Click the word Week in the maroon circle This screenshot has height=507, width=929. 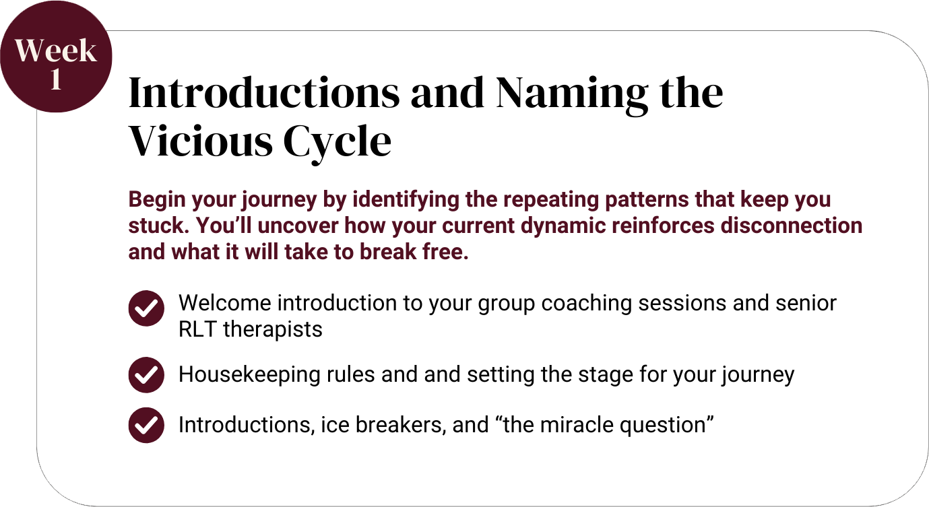coord(56,50)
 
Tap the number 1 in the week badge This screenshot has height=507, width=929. coord(57,79)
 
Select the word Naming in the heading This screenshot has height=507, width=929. coord(572,96)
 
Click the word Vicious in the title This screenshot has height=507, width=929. coord(201,141)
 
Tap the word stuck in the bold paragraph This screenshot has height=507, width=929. coord(156,226)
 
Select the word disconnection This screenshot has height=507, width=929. coord(792,226)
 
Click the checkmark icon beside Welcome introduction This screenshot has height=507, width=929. coord(146,308)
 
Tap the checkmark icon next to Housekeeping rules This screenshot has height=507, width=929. coord(146,375)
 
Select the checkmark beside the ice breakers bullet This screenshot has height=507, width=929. coord(146,426)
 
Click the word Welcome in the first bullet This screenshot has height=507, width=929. coord(225,303)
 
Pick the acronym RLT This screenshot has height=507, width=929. coord(197,329)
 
